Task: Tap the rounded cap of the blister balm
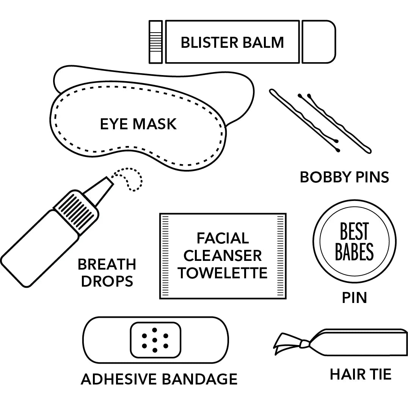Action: [319, 42]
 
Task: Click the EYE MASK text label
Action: [138, 124]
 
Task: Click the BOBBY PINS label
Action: [344, 177]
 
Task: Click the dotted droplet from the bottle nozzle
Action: [131, 178]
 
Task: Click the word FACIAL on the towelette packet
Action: [223, 238]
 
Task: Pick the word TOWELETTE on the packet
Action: [223, 273]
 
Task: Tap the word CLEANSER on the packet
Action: [223, 256]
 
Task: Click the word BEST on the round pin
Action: [354, 232]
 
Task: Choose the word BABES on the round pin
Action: [354, 252]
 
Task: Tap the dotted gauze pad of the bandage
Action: [155, 340]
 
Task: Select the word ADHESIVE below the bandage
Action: [119, 379]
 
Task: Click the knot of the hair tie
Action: [304, 344]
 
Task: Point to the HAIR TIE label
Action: [360, 375]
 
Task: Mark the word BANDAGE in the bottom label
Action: [200, 379]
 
